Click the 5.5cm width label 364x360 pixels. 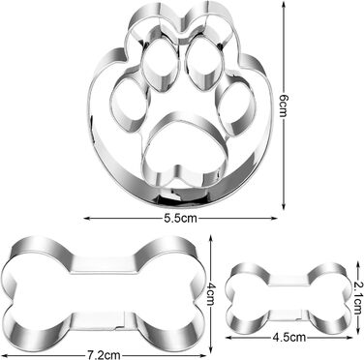(x=180, y=219)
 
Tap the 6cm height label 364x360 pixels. (x=284, y=103)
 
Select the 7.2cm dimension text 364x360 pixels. (x=104, y=355)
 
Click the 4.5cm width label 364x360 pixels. (x=289, y=338)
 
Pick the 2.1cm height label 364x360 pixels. (x=357, y=298)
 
